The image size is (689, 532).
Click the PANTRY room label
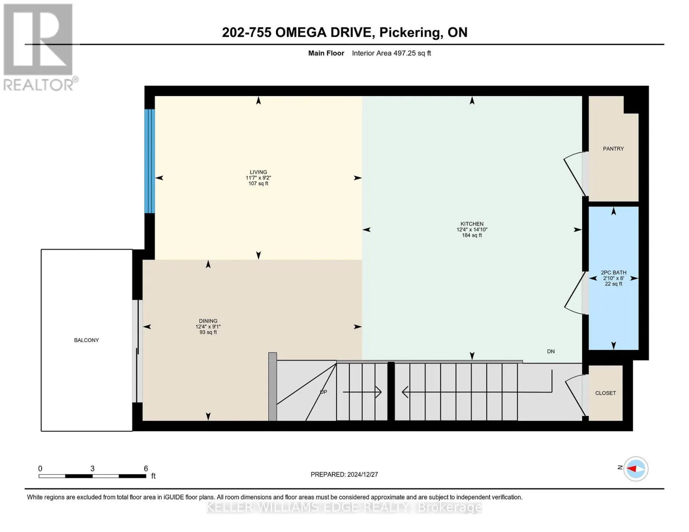tap(613, 149)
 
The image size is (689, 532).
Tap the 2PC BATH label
tap(613, 273)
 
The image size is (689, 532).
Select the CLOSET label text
tap(605, 393)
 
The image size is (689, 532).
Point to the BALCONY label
tap(86, 340)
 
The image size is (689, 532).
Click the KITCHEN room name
tap(472, 224)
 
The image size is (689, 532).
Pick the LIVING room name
tap(258, 172)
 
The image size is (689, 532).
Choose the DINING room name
tap(208, 321)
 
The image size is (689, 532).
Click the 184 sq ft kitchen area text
tap(472, 235)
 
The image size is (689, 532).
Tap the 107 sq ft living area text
tap(258, 184)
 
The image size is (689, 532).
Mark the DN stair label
tap(551, 351)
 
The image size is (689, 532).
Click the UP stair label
tap(323, 392)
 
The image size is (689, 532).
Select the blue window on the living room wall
tap(150, 161)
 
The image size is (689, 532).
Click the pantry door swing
tap(575, 173)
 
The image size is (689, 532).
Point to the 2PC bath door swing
tap(575, 293)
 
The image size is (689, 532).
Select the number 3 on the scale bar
tap(92, 468)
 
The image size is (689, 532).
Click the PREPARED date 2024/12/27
tap(362, 474)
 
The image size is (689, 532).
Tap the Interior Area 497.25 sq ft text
tap(391, 53)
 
